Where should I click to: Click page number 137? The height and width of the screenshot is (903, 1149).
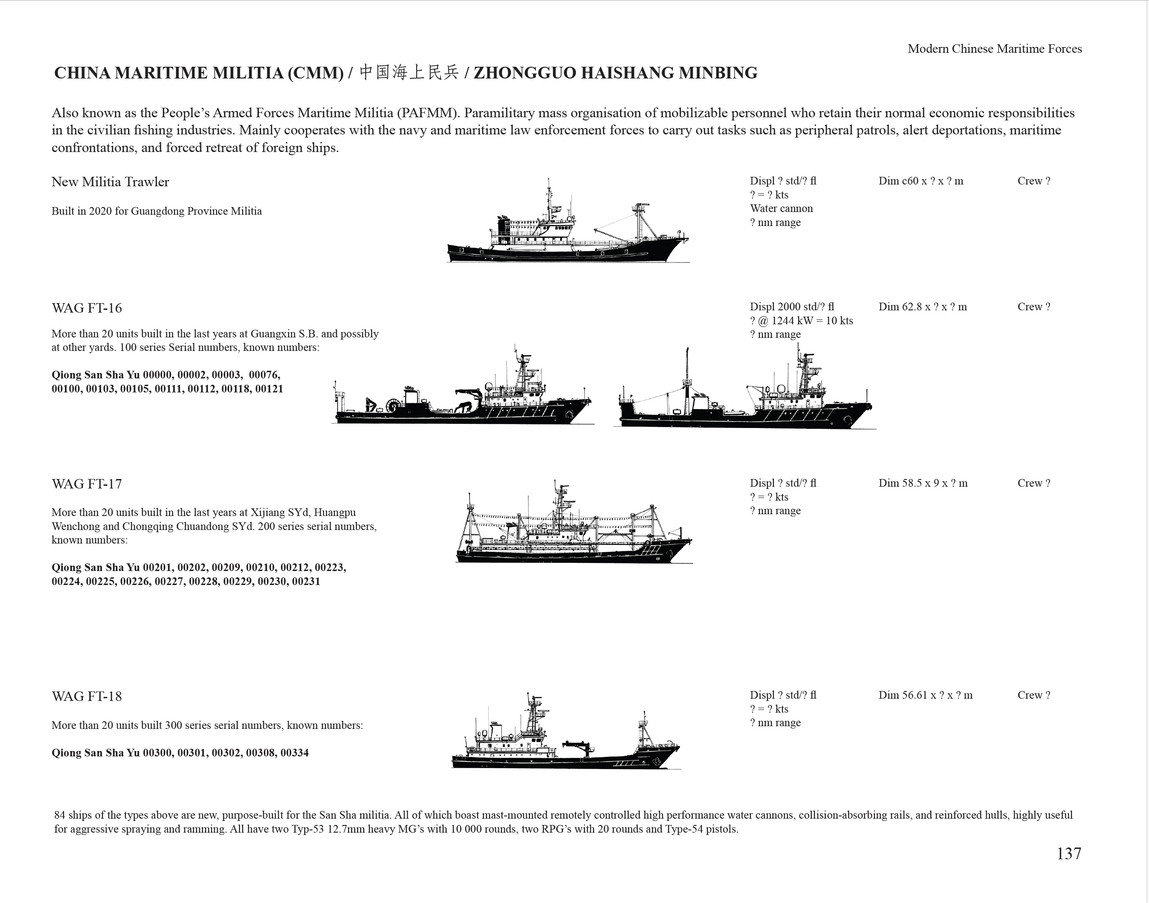pos(1069,854)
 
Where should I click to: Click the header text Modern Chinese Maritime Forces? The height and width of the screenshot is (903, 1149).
pos(994,49)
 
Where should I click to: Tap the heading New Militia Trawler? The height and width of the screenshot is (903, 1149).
pos(110,182)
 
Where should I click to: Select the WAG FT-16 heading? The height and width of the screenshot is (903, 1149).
pos(87,308)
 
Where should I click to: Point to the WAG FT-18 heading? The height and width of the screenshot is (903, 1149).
pos(87,697)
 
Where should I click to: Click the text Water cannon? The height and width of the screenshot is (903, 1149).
pos(781,209)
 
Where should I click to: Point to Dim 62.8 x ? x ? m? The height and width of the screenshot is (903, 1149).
pos(922,307)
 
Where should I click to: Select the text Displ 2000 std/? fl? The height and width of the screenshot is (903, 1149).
pos(792,307)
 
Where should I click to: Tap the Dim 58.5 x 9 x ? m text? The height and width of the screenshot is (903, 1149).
pos(923,483)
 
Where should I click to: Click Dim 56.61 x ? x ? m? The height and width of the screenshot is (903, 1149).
pos(925,695)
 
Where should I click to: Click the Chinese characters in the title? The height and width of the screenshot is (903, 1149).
pos(409,73)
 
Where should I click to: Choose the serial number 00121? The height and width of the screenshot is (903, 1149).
pos(269,389)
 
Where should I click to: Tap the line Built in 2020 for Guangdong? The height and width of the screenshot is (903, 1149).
pos(156,212)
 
